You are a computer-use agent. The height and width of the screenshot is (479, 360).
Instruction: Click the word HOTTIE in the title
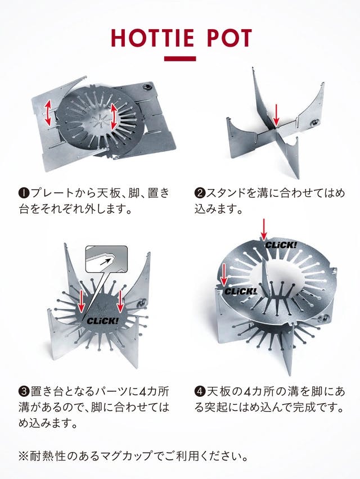point(152,38)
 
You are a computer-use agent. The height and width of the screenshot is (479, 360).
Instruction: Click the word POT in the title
point(229,38)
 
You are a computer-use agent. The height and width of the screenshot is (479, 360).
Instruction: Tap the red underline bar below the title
point(180,58)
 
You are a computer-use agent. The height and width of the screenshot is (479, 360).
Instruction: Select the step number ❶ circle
point(24,193)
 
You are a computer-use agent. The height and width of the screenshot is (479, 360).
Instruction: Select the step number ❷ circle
point(199,193)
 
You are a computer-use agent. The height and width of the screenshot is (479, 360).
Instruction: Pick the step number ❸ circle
point(24,391)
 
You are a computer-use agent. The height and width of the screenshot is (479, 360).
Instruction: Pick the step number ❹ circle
point(199,391)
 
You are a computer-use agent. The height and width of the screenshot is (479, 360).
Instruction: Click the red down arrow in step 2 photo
point(276,115)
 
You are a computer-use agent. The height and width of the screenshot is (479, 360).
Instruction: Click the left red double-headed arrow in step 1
point(48,114)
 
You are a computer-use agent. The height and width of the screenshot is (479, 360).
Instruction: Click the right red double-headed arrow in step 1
point(114,116)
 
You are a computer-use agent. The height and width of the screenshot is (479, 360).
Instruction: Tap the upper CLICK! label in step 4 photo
point(281,245)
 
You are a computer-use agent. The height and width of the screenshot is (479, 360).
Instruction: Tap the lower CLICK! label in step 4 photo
point(240,291)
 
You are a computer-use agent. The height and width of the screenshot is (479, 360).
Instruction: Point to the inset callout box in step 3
point(106,259)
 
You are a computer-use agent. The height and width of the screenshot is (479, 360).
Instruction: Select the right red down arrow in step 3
point(120,301)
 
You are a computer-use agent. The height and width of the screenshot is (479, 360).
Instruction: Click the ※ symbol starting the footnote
point(24,456)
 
